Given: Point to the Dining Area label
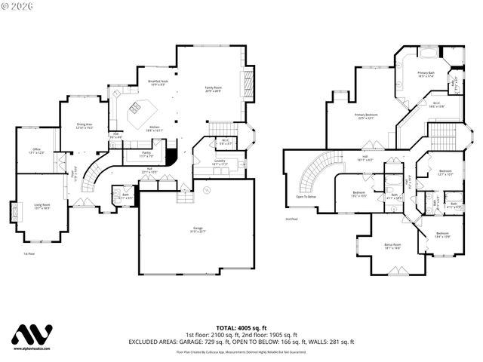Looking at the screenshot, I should [84, 126].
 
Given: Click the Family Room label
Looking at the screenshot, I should [214, 90].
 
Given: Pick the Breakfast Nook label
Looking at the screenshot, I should [147, 82].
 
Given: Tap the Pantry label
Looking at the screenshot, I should [146, 154].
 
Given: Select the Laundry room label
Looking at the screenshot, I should [220, 162].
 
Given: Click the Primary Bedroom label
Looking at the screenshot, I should [367, 116].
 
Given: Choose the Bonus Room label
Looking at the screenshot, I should [392, 246].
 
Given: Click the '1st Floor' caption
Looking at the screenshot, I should [29, 254].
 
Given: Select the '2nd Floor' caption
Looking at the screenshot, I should [291, 219].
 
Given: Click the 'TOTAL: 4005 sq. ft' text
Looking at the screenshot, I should [241, 328].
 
